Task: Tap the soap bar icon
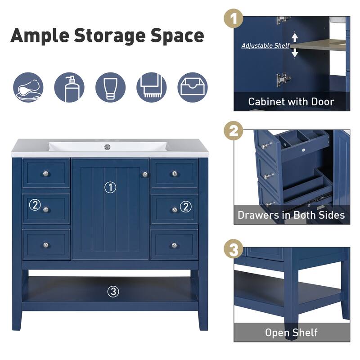point(28,87)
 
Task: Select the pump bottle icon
point(69,87)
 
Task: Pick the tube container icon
point(110,87)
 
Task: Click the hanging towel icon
point(151,87)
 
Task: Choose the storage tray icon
point(193,87)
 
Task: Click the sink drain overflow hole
point(107,147)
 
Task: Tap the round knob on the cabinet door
point(145,174)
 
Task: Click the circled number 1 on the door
point(110,187)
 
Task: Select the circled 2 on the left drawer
point(35,205)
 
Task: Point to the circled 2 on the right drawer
point(185,207)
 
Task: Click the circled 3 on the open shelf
point(113,292)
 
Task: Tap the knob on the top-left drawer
point(45,173)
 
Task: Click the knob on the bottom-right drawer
point(174,245)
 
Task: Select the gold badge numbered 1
point(234,20)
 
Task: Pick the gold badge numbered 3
point(234,249)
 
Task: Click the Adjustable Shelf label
point(265,45)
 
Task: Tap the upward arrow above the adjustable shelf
point(295,36)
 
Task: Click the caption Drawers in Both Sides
point(291,215)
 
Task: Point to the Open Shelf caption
point(291,333)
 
